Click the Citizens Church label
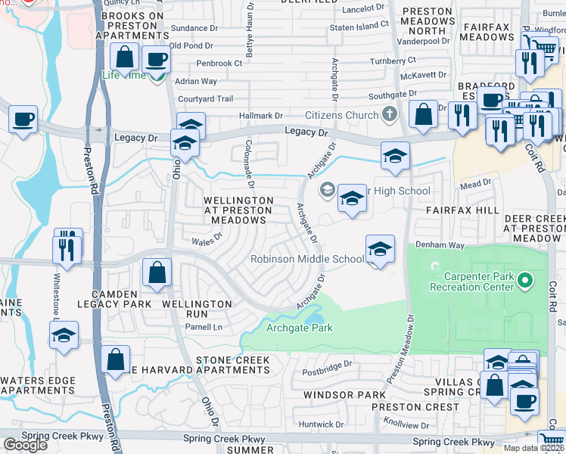(x=341, y=115)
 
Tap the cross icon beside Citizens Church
(x=389, y=115)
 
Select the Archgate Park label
(x=300, y=328)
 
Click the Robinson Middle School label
(x=308, y=259)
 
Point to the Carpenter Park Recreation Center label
(x=472, y=281)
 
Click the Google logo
(x=25, y=445)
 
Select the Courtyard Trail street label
(x=205, y=99)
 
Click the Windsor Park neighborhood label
(x=344, y=395)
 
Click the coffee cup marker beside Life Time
(x=157, y=61)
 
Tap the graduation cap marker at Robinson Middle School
(x=380, y=249)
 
